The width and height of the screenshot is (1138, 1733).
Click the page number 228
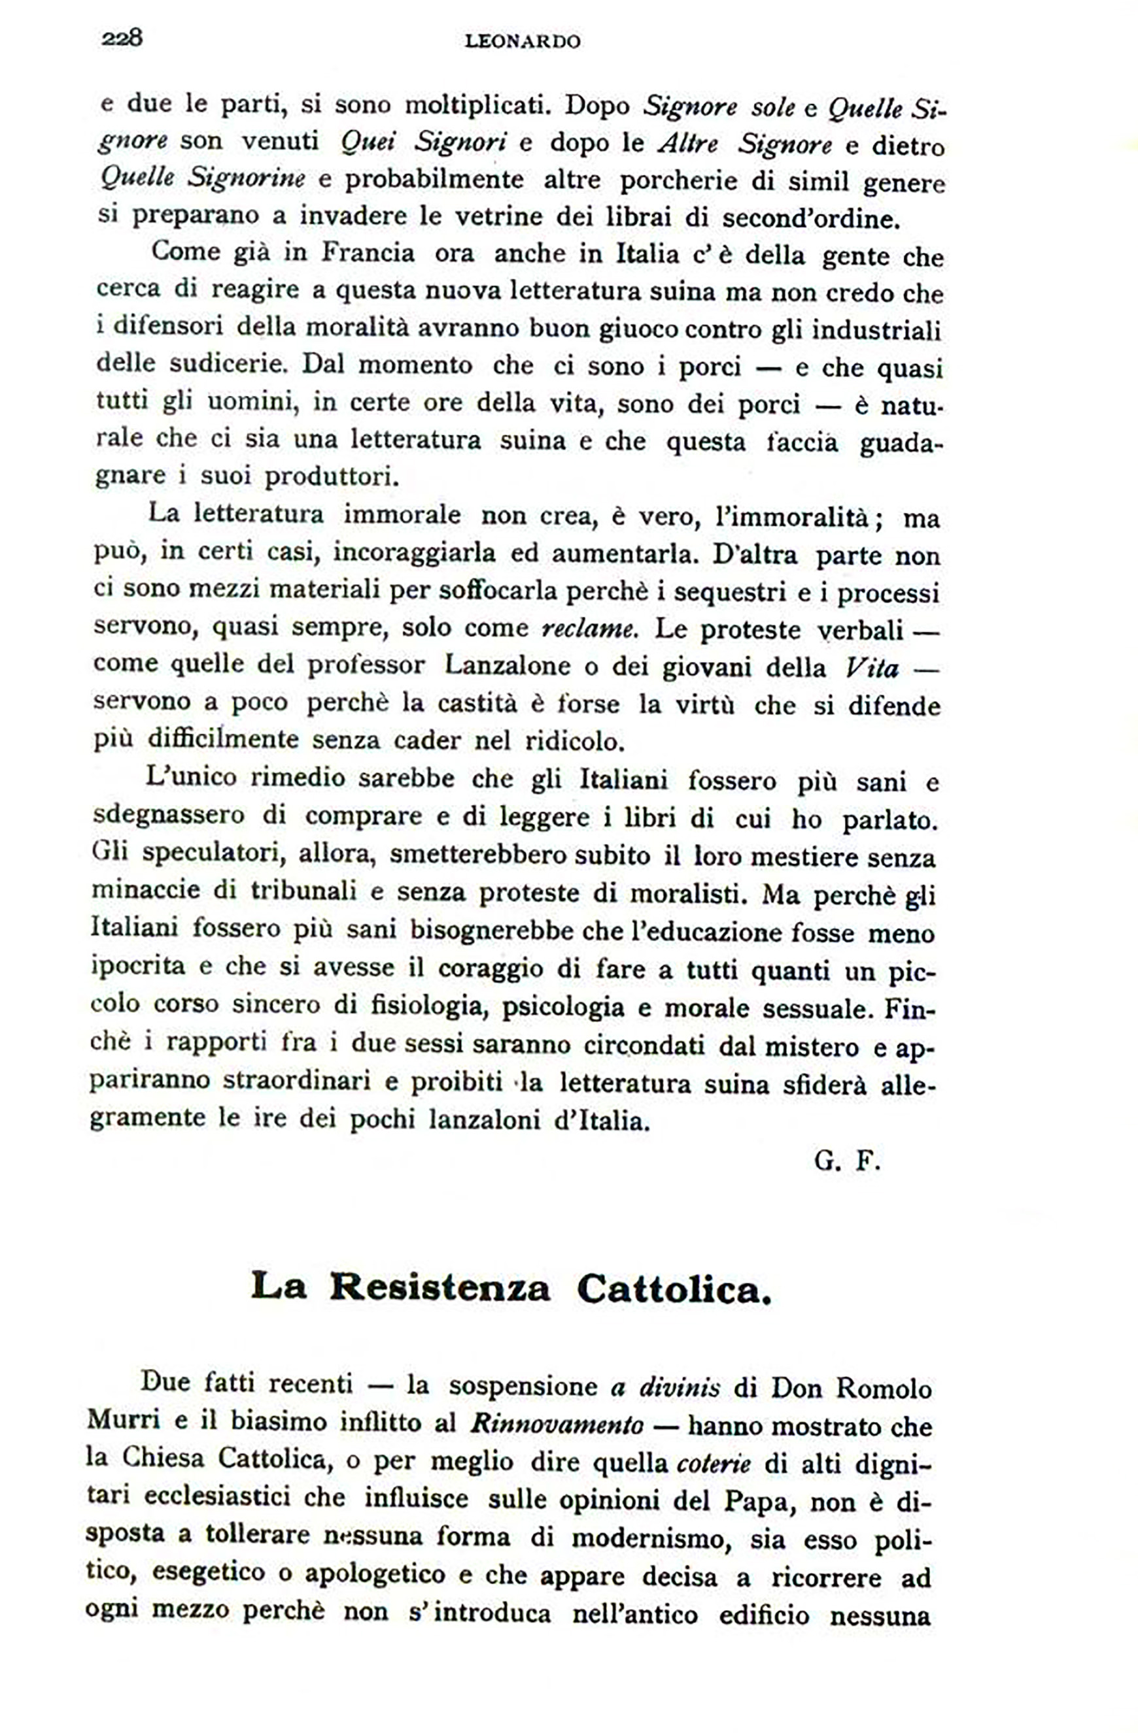click(122, 38)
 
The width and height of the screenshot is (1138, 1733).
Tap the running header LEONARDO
click(523, 42)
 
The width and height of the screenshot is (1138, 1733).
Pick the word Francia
click(368, 254)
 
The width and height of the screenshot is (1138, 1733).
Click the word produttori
click(332, 478)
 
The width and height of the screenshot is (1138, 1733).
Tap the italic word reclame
click(589, 629)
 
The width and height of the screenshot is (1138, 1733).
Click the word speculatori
click(211, 853)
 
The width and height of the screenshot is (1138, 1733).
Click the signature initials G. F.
click(848, 1161)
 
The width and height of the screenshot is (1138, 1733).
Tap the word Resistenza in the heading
click(440, 1288)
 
